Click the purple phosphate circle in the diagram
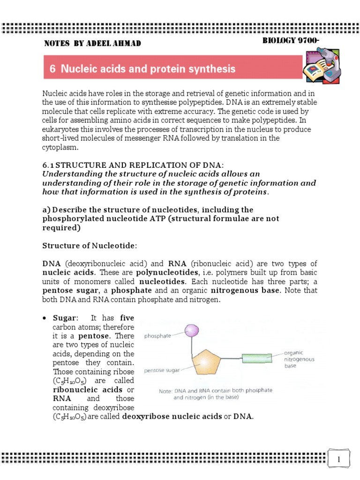192,331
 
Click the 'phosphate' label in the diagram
157,336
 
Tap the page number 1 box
339,459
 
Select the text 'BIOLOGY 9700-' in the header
291,41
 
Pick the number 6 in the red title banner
52,69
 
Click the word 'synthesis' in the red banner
213,69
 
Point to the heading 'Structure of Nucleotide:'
90,246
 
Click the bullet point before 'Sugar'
45,318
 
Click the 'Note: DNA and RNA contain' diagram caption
215,393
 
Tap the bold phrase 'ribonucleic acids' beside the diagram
81,390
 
